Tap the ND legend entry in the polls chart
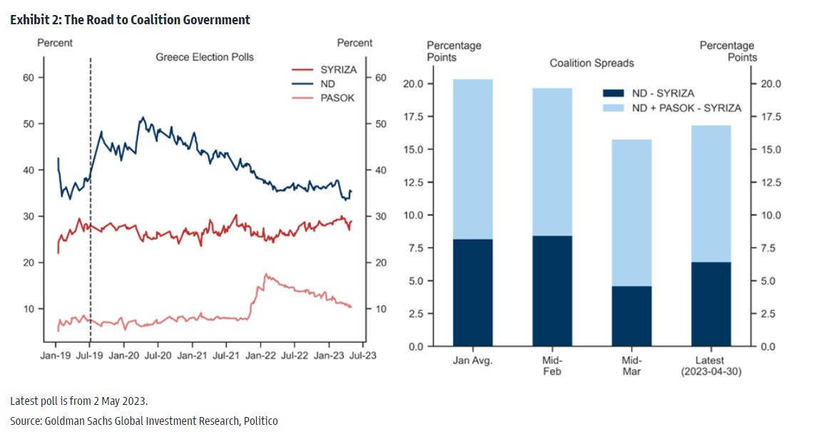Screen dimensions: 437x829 coord(329,84)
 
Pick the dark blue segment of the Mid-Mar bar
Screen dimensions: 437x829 coord(632,316)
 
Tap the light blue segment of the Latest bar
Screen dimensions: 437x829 coord(711,194)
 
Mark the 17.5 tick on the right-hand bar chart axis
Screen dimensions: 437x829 coord(770,116)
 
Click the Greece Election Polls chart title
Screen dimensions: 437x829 coord(205,57)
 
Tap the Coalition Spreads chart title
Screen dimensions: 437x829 coord(591,64)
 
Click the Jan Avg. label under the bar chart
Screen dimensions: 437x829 coord(473,360)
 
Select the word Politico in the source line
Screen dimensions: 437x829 coord(259,421)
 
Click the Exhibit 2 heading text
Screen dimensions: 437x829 coord(130,20)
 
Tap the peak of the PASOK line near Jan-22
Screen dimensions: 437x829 coord(265,274)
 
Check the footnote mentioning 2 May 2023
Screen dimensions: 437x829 coord(78,400)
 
